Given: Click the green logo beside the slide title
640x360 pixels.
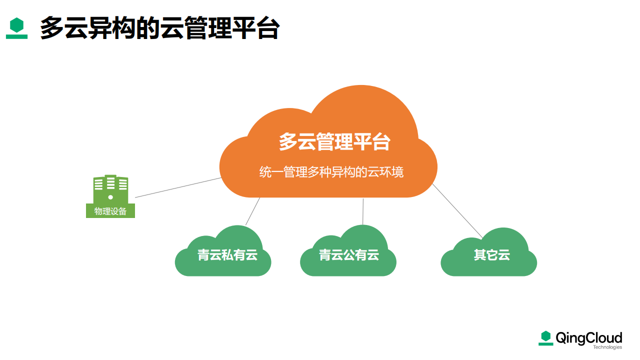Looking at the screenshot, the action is click(16, 28).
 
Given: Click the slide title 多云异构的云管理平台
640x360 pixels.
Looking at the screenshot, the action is click(159, 27).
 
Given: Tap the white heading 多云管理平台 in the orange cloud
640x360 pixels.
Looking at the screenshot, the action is click(334, 141).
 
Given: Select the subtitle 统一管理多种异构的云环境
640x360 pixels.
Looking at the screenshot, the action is click(331, 172).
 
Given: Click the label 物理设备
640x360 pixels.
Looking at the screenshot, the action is click(110, 211).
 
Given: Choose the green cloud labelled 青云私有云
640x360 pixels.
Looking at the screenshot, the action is click(223, 251).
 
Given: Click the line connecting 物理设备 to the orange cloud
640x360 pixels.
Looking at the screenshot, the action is click(178, 187).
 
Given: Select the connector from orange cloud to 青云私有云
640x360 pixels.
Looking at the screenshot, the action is click(253, 211).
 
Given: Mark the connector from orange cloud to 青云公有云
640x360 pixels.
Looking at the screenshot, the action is click(363, 211).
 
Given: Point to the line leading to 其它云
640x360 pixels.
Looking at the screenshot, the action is click(457, 211).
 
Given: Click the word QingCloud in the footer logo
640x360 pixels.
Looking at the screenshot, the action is click(589, 338).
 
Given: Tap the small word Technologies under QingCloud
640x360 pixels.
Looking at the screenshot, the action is click(607, 347).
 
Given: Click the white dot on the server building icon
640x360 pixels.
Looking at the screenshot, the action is click(110, 197).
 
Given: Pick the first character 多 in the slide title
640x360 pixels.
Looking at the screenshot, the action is click(51, 27).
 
